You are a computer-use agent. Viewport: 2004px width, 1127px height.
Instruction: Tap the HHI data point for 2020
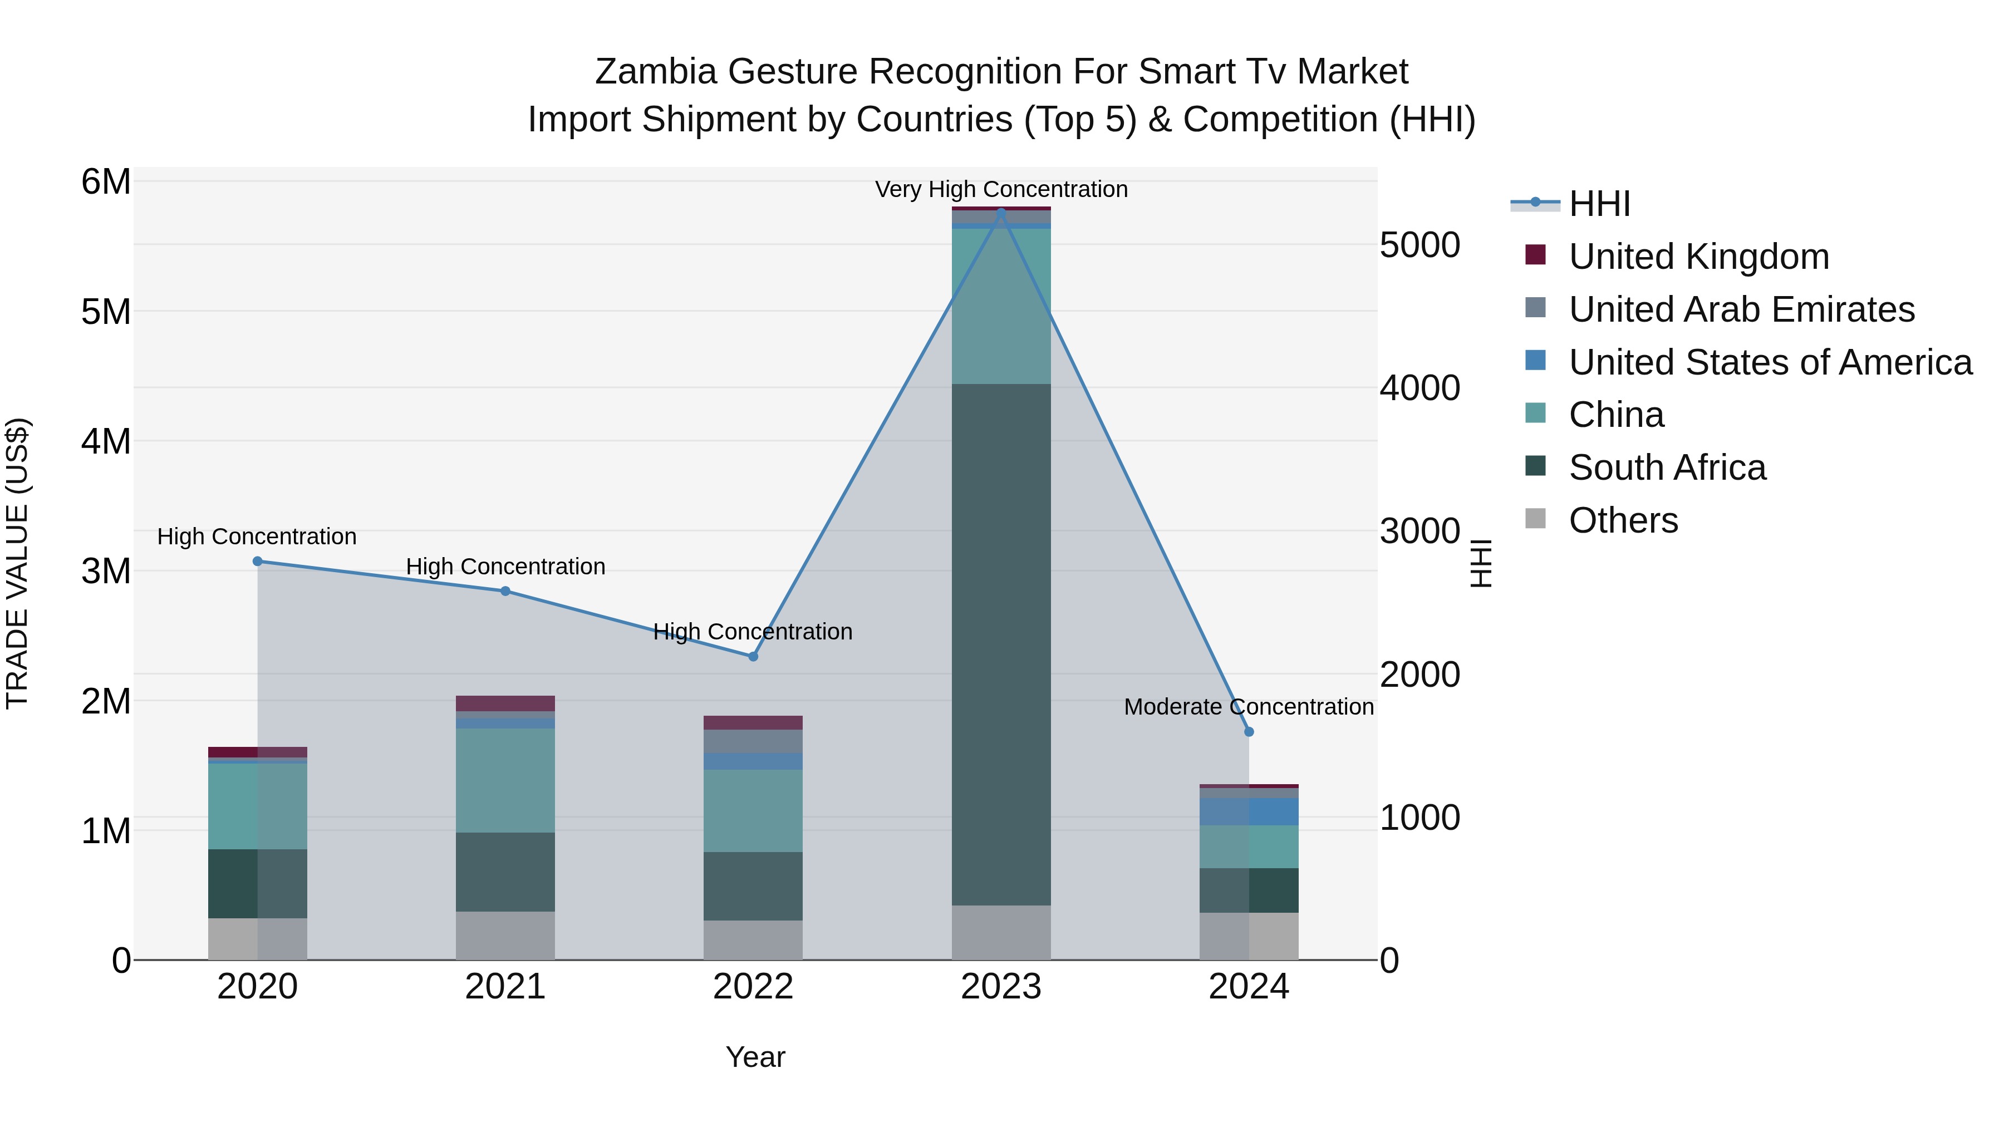coord(258,561)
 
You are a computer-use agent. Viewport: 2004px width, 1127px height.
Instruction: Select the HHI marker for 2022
coord(753,657)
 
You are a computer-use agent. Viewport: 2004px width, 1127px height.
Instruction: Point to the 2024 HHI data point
coord(1249,732)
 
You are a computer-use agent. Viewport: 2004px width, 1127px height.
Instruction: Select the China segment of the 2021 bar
coord(505,780)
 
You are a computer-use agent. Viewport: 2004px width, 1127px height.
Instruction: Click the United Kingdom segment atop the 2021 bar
coord(505,703)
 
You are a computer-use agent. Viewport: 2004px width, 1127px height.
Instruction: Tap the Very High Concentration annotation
coord(1001,189)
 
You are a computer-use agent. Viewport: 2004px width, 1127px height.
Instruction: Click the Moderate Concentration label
coord(1249,707)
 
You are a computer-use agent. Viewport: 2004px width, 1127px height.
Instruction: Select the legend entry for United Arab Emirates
coord(1741,309)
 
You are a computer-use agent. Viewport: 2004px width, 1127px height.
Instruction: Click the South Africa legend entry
coord(1667,467)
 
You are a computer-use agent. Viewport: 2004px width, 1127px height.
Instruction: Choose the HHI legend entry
coord(1599,204)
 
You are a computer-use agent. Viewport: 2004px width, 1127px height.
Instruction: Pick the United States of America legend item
coord(1770,362)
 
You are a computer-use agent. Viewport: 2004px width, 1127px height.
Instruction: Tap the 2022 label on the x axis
coord(753,987)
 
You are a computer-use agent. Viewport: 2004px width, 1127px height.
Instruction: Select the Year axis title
coord(755,1057)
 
